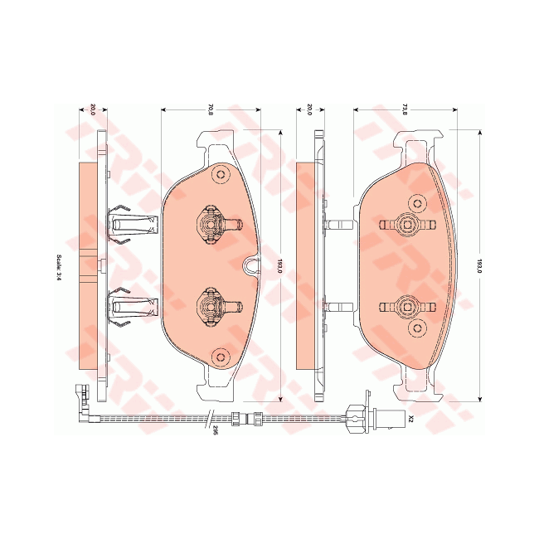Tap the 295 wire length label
tap(214, 430)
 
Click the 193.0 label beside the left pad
tap(279, 267)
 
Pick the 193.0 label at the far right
tap(479, 267)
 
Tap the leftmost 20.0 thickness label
tap(93, 109)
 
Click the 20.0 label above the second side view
tap(309, 109)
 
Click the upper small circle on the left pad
tap(220, 175)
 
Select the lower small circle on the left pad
tap(220, 357)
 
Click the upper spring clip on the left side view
tap(130, 222)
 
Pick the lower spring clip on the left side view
tap(130, 308)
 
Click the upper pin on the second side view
tap(340, 224)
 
